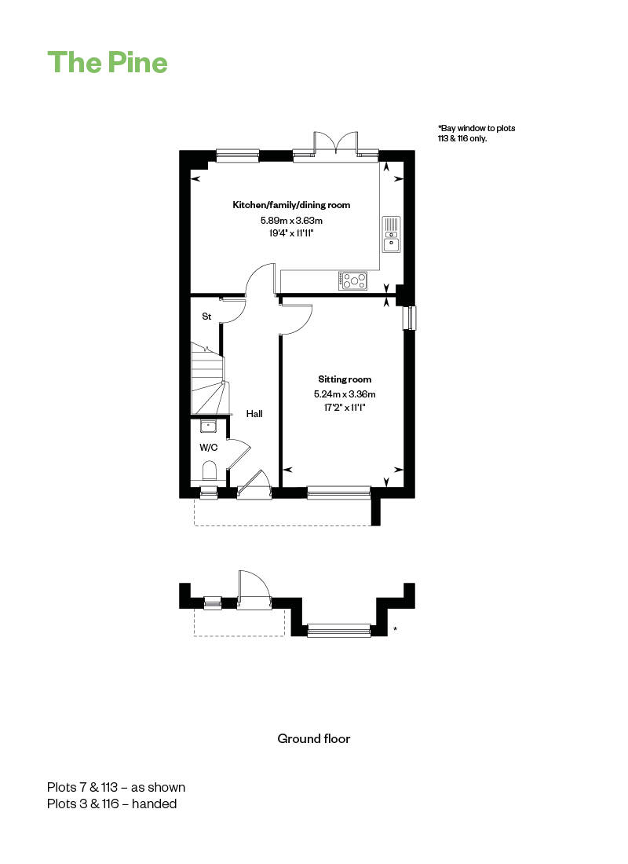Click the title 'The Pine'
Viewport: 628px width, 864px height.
(x=108, y=62)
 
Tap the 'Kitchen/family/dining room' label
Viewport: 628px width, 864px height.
(x=291, y=205)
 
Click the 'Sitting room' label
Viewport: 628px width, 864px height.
(x=345, y=379)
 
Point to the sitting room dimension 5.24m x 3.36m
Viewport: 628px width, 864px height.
(x=345, y=394)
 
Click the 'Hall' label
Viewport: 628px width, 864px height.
(x=254, y=413)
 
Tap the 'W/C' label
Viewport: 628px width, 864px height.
(x=208, y=447)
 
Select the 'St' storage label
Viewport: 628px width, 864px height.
(x=207, y=317)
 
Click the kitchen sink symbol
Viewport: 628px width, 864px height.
(x=391, y=234)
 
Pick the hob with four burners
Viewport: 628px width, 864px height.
(x=353, y=279)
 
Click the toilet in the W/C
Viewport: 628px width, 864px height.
(x=209, y=470)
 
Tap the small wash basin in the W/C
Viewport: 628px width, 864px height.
(x=208, y=427)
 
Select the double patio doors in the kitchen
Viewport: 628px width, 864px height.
(x=336, y=144)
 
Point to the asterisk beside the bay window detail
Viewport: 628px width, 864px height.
(x=395, y=629)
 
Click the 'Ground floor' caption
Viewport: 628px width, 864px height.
(x=314, y=738)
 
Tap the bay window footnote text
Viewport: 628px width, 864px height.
(x=476, y=133)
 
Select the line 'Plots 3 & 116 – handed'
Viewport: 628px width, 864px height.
(x=111, y=804)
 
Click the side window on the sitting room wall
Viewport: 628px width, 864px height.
(x=410, y=318)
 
